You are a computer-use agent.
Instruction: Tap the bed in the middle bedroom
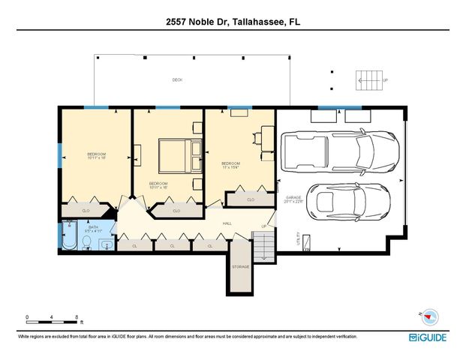pos(178,155)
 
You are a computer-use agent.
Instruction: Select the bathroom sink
pos(104,244)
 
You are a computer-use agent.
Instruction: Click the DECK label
pos(177,79)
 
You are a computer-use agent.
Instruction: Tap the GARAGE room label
pos(293,198)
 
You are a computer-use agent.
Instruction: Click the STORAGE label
pos(240,267)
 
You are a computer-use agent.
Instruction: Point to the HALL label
pos(227,223)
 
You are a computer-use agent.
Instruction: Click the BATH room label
pos(94,226)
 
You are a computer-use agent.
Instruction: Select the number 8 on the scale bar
pos(78,316)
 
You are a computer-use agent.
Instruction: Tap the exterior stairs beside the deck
pos(368,79)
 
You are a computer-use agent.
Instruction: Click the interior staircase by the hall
pos(263,245)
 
